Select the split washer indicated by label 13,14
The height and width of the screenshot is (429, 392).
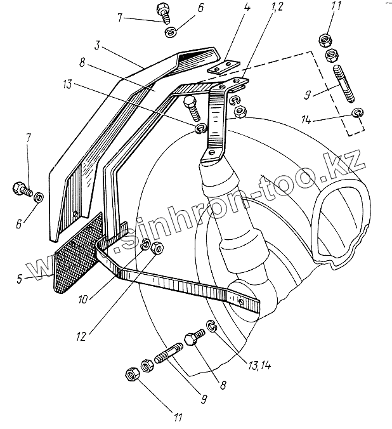tap(213, 327)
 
